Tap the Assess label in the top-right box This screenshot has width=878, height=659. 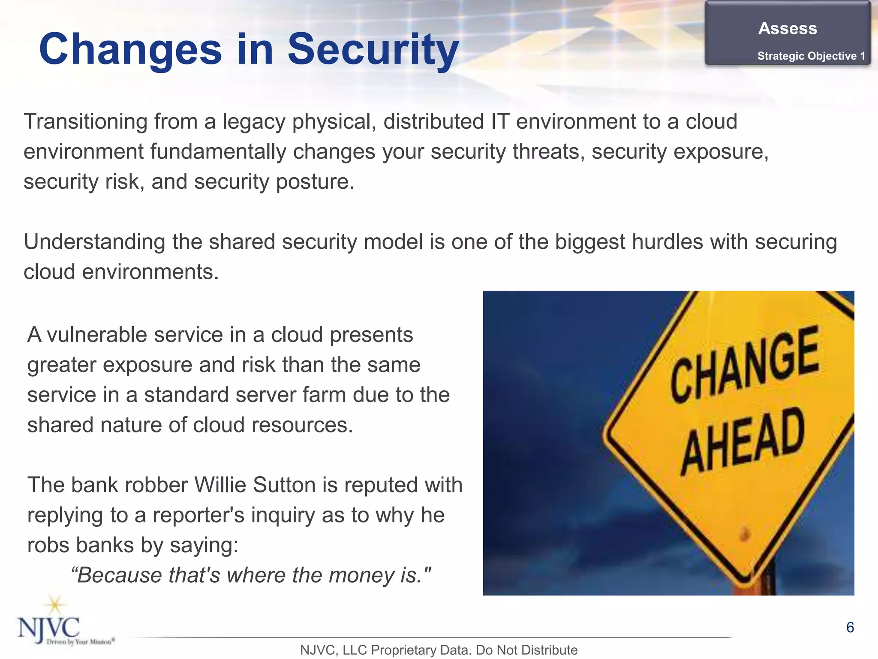pos(788,28)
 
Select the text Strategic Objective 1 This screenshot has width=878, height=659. pos(811,56)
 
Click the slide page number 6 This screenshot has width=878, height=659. pos(850,627)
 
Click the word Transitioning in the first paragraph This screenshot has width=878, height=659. pos(85,121)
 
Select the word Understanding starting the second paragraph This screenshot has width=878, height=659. pos(94,242)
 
